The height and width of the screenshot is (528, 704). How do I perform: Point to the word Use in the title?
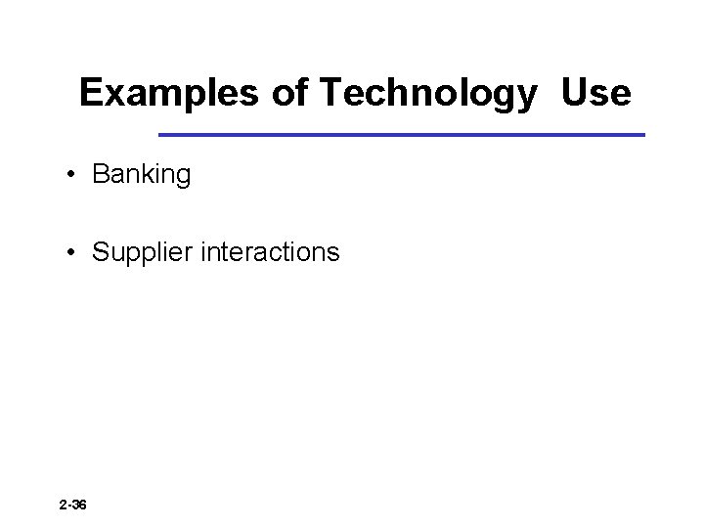(x=595, y=94)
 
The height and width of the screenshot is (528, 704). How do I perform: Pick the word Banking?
(x=142, y=176)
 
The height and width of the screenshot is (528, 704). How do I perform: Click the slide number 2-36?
(x=72, y=506)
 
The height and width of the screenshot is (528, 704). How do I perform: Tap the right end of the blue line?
(x=644, y=134)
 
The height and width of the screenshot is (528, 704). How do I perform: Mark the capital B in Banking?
(x=100, y=176)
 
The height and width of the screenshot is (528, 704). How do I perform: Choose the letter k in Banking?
(x=151, y=176)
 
